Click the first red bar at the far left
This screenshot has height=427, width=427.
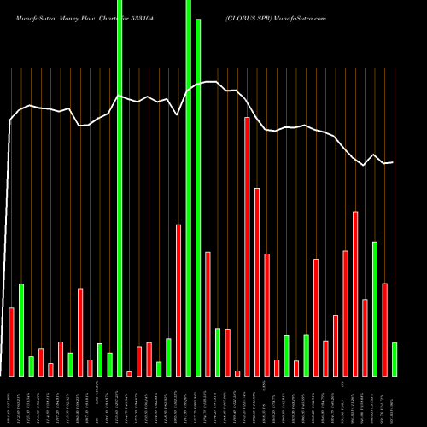(11, 342)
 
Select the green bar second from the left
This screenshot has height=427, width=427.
(21, 330)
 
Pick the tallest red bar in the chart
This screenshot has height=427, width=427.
(247, 246)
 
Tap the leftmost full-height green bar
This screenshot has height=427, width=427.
(120, 188)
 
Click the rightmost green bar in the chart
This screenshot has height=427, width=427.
(395, 359)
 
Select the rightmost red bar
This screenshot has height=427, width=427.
(384, 329)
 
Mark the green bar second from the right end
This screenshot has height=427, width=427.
(375, 308)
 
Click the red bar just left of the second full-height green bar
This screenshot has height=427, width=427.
(178, 300)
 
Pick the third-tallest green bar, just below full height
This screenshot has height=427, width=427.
(198, 197)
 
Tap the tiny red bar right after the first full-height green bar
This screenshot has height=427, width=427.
(129, 373)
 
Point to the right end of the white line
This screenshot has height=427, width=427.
(393, 162)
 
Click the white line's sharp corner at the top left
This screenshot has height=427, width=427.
(10, 120)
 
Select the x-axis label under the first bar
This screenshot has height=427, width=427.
(11, 401)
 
